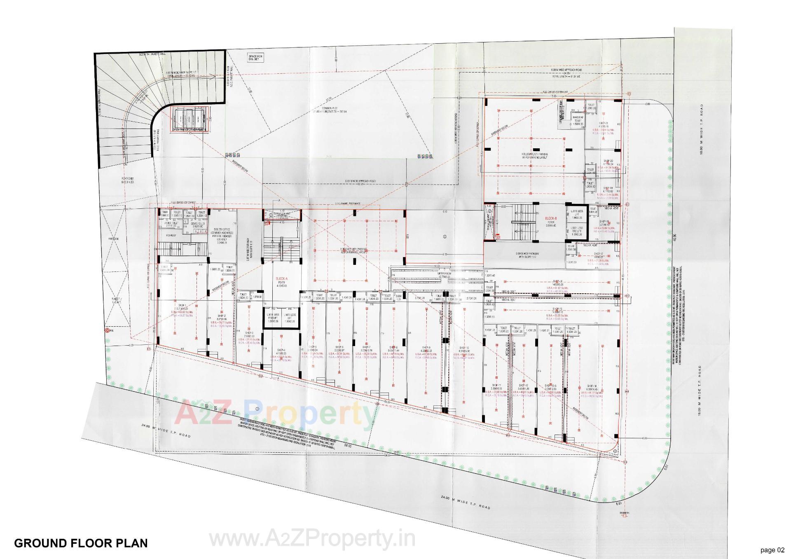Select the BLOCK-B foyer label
(551, 221)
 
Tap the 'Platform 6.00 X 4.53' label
(127, 179)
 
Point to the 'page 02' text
(772, 550)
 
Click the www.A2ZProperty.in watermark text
(312, 539)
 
